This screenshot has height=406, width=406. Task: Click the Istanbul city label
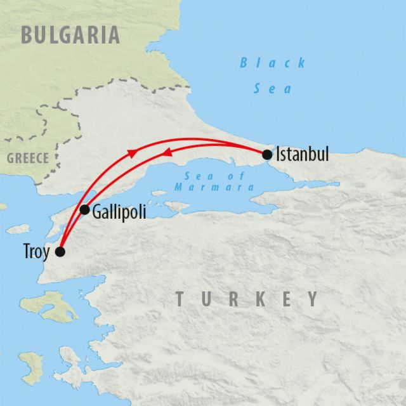point(303,154)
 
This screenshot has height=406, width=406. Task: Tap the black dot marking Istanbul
point(267,154)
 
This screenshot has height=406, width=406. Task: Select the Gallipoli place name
point(119,212)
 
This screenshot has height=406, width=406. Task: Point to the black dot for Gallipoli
point(85,209)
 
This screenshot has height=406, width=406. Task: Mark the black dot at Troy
point(60,252)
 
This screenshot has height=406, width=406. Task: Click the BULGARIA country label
point(70,35)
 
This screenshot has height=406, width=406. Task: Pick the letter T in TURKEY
point(181,299)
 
